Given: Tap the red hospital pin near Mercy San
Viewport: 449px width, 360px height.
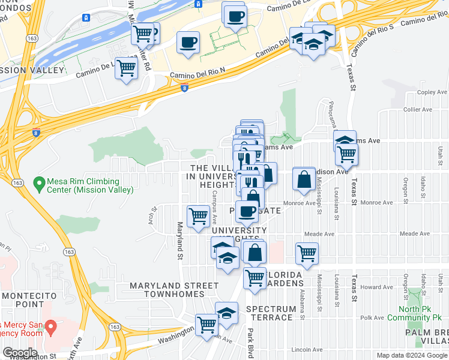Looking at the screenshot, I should [x=51, y=328].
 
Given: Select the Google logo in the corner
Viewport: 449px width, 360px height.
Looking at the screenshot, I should [x=19, y=353].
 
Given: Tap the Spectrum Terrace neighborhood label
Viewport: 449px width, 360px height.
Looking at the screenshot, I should [x=271, y=313].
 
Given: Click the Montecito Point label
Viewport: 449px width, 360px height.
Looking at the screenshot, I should [x=29, y=301].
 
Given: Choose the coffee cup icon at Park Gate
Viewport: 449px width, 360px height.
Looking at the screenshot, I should [x=246, y=211].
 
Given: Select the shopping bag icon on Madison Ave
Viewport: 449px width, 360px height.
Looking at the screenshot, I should [x=304, y=178].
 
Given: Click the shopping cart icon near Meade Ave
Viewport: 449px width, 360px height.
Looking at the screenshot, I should [x=307, y=253].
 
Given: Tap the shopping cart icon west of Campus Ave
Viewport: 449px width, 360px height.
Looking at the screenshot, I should [x=198, y=216].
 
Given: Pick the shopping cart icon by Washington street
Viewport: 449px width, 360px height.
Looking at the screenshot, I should [x=206, y=325].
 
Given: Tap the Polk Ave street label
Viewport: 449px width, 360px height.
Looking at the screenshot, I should [x=372, y=319].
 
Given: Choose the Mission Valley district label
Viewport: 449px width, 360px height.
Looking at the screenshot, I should [x=32, y=71].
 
